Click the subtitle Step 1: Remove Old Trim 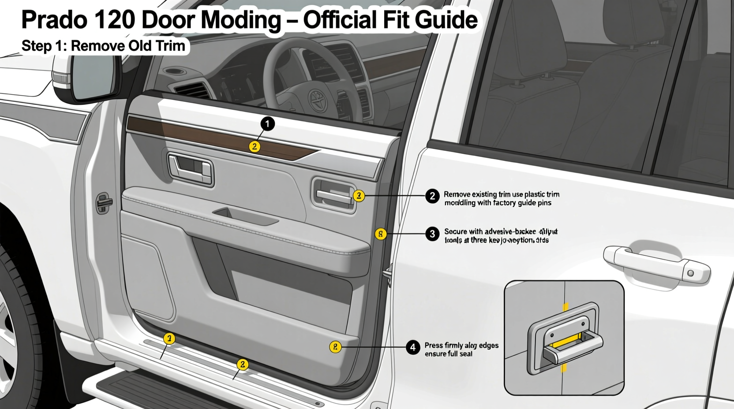(103, 46)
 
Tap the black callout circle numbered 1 (267, 124)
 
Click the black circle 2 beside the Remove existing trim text (432, 196)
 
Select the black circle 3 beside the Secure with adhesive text (432, 234)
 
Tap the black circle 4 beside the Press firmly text (413, 347)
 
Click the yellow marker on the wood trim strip (255, 147)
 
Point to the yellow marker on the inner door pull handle (359, 196)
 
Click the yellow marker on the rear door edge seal (381, 234)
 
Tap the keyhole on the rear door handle (691, 273)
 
